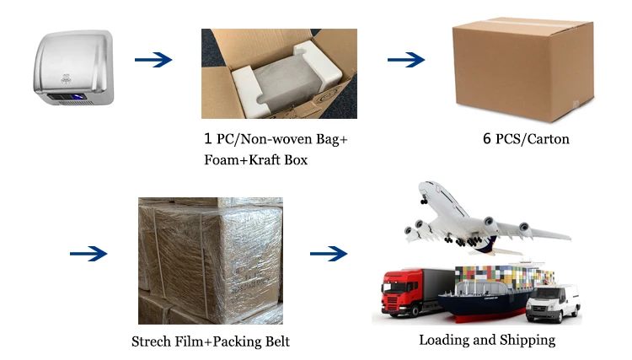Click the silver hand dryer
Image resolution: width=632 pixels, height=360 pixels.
[74, 73]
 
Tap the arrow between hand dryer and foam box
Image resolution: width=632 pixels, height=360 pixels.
[153, 60]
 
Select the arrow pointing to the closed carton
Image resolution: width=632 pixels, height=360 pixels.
[405, 60]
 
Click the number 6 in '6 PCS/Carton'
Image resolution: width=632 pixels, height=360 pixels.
[487, 138]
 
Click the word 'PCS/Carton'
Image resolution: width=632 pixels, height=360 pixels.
[533, 138]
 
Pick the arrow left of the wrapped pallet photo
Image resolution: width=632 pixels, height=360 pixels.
[88, 253]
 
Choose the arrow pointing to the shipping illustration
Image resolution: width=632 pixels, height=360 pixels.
[329, 253]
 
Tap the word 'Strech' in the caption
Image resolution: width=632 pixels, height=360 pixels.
[154, 342]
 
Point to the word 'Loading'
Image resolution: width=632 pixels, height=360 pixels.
[445, 341]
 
